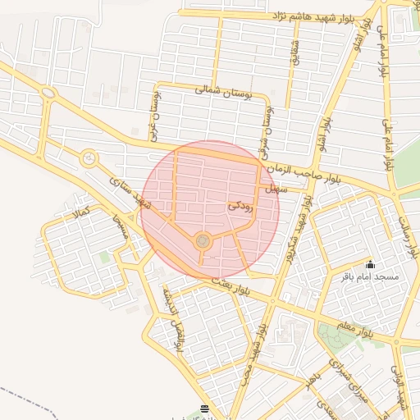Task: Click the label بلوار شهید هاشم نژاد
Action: click(x=294, y=16)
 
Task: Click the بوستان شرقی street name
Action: click(x=267, y=131)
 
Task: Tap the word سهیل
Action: click(x=272, y=189)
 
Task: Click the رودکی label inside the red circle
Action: click(x=241, y=208)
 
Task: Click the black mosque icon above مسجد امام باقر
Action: click(x=370, y=264)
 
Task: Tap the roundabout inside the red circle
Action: click(x=203, y=240)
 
